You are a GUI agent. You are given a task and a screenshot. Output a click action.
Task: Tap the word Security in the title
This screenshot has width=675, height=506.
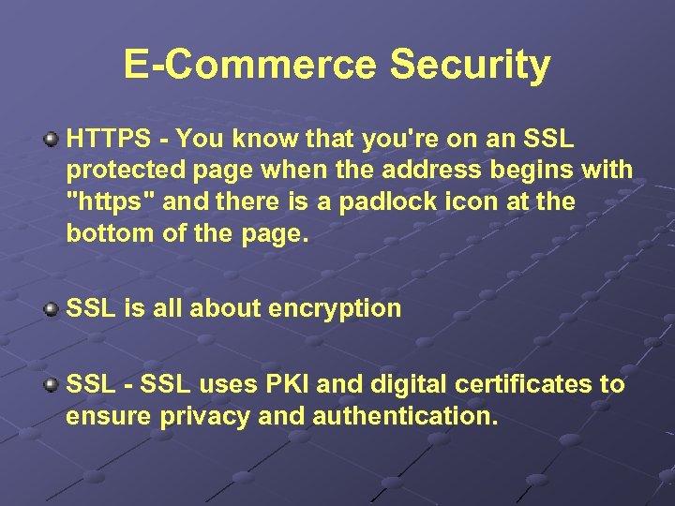[470, 65]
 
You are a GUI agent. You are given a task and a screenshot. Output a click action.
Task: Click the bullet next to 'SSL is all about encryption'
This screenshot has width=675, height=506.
[52, 309]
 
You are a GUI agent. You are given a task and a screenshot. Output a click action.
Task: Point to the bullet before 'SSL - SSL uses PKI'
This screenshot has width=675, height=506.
[52, 384]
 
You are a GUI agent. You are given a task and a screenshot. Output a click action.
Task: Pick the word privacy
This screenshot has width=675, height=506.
[203, 415]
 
